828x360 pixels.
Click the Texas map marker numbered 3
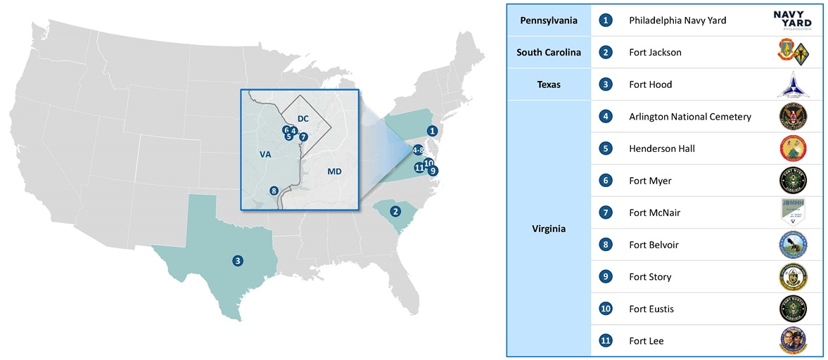coord(238,261)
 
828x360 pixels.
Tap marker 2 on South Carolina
coord(395,211)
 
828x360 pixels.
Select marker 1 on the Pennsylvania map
coord(433,130)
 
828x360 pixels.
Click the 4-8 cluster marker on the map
coord(418,150)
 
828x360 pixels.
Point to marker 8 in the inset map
coord(274,190)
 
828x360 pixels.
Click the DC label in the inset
coord(303,118)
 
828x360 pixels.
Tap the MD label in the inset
coord(334,172)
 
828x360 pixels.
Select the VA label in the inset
coord(265,153)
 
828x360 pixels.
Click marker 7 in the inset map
coord(303,137)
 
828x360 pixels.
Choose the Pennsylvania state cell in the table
coord(549,20)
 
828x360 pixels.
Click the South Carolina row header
coord(549,53)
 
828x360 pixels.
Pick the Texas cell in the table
coord(549,84)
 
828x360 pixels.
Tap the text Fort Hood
coord(650,84)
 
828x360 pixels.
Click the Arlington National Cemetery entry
coord(689,117)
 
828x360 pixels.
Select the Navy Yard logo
coord(793,20)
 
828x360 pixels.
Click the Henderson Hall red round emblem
coord(793,148)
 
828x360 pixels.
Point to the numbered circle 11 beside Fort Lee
coord(605,341)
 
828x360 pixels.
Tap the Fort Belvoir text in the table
coord(654,245)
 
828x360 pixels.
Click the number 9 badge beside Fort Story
coord(605,277)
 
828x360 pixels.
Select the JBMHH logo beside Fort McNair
coord(793,212)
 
